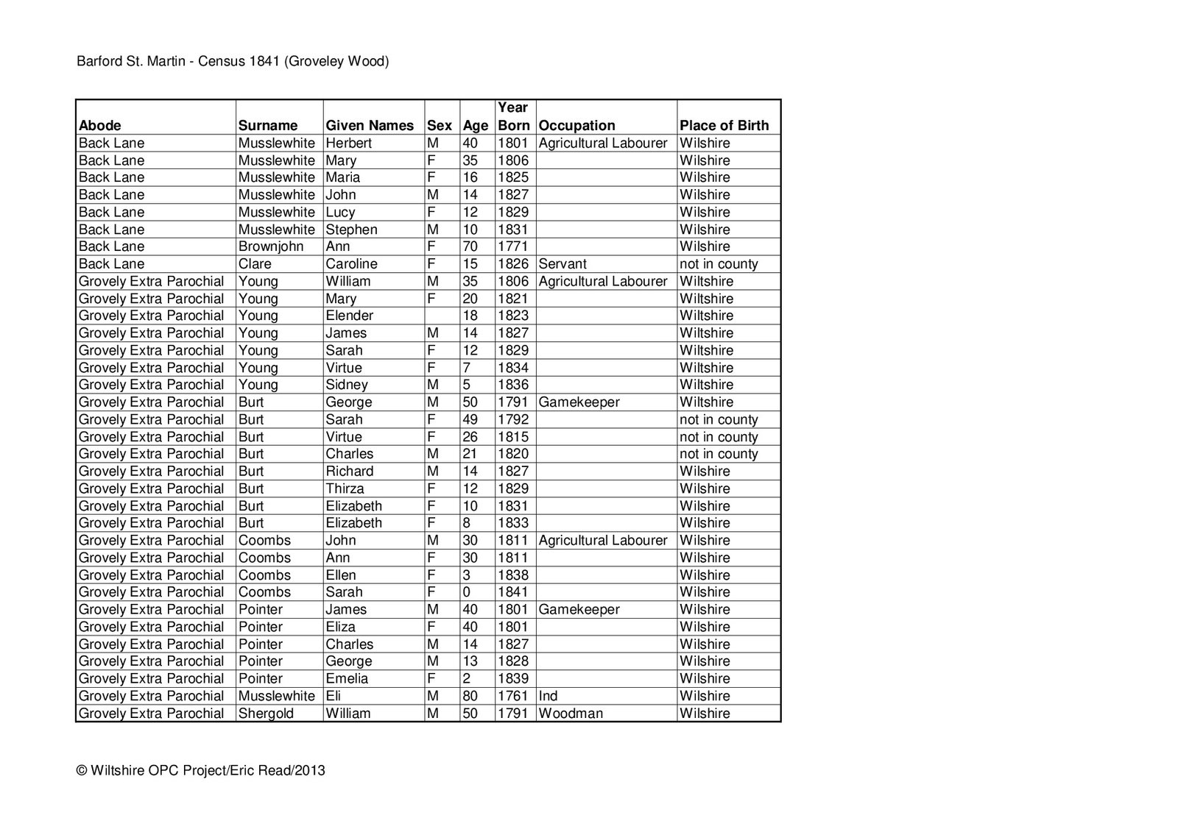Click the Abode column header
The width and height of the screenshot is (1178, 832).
(x=100, y=125)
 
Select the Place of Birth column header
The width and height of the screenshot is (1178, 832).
(x=724, y=125)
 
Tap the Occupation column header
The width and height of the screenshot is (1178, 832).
(x=577, y=125)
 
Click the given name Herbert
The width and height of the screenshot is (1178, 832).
(x=349, y=143)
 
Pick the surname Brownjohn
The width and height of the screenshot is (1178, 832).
(x=271, y=246)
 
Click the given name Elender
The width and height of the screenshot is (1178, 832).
(x=350, y=316)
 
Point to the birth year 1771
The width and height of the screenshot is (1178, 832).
(x=513, y=246)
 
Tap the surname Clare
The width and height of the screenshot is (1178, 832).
(x=255, y=264)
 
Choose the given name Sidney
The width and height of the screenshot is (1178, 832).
(x=347, y=385)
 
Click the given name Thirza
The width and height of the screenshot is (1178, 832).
(x=345, y=488)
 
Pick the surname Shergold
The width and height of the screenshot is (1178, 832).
(x=266, y=714)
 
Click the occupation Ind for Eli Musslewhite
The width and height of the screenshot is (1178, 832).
(x=549, y=696)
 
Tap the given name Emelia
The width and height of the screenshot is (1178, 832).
(x=347, y=679)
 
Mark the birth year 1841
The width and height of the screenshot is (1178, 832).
(x=513, y=592)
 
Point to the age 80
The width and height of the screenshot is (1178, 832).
(x=470, y=696)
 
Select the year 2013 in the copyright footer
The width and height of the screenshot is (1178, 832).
(x=311, y=771)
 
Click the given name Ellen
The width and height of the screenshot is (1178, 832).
(x=341, y=575)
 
